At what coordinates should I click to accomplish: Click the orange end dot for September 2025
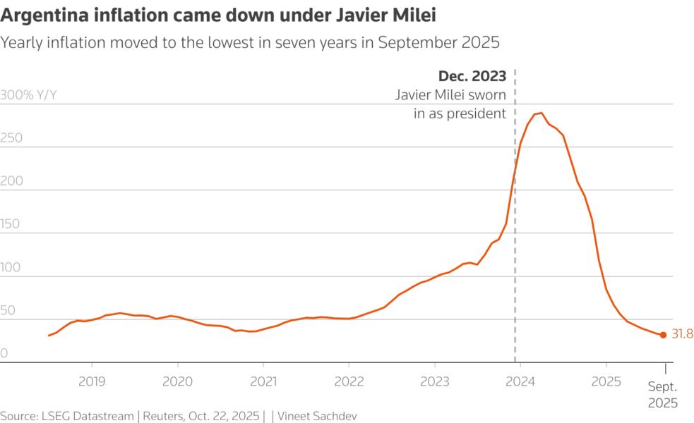[663, 335]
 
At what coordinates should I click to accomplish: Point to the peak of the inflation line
[539, 113]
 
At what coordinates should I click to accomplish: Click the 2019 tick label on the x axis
[92, 381]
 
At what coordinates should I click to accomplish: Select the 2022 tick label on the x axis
[349, 381]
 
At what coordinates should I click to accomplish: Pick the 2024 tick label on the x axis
[520, 381]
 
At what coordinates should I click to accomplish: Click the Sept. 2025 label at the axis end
[663, 395]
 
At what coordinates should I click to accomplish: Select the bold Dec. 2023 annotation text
[472, 76]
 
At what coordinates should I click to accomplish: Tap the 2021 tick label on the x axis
[263, 381]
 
